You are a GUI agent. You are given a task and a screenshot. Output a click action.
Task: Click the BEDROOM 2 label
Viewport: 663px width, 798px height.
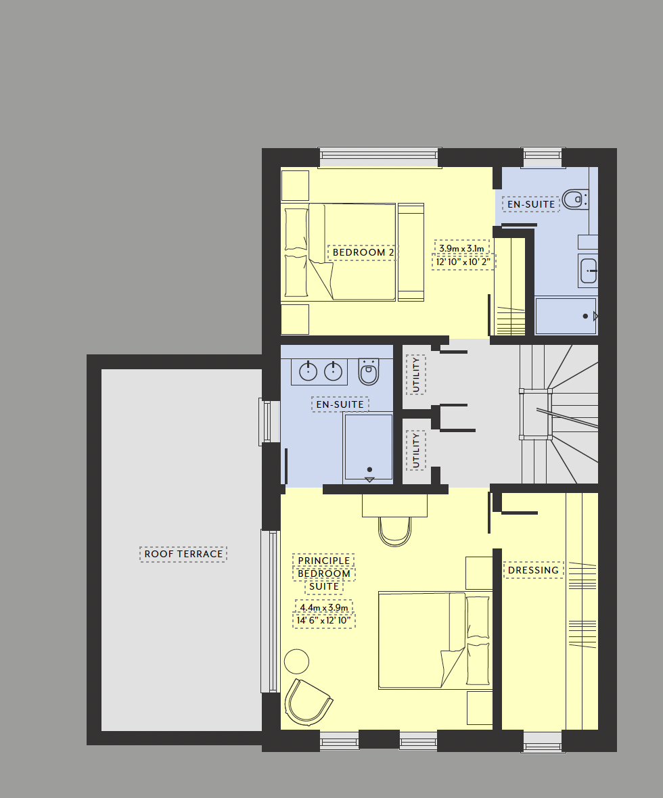[x=363, y=253]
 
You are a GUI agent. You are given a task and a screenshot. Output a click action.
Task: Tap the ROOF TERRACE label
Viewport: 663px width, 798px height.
[x=183, y=554]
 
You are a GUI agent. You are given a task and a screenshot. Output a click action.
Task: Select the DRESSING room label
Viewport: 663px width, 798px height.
[x=533, y=570]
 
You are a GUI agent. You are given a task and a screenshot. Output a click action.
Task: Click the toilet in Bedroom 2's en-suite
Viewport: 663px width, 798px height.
[x=576, y=199]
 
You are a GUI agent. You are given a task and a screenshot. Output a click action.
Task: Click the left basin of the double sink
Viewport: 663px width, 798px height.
[x=308, y=371]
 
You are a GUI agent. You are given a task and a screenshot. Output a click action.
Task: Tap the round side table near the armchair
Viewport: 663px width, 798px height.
[x=296, y=661]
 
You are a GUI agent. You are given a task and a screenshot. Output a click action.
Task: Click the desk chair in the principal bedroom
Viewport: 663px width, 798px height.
[x=395, y=530]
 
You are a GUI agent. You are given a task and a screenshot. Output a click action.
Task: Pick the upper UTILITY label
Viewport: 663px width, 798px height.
[x=416, y=375]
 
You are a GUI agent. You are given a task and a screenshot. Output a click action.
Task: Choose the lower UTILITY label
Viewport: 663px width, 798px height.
[x=416, y=450]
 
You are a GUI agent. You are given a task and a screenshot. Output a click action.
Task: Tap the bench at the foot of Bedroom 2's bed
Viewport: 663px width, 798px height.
[x=411, y=252]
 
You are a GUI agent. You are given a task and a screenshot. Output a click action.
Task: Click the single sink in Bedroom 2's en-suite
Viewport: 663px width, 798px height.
[x=588, y=271]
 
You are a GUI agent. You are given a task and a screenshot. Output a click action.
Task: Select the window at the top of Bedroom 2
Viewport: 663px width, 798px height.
[x=380, y=157]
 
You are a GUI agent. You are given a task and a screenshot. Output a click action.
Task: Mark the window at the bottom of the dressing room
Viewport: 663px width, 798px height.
[x=543, y=742]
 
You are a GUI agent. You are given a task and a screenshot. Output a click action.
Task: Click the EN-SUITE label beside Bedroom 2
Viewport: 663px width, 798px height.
[x=531, y=204]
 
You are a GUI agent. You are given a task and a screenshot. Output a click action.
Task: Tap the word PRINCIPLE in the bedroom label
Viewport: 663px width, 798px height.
[x=324, y=561]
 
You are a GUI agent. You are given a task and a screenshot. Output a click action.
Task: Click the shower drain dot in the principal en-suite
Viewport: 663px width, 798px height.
[x=369, y=469]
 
